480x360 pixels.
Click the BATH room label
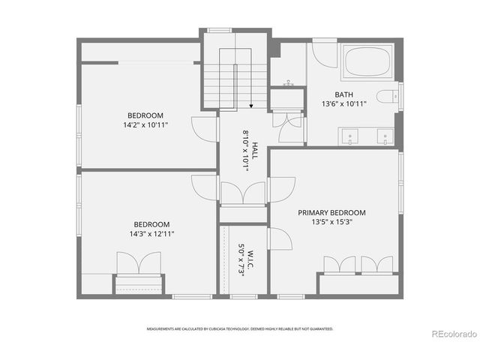click(x=344, y=94)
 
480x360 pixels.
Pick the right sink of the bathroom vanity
click(x=383, y=137)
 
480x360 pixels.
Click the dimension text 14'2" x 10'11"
click(x=145, y=124)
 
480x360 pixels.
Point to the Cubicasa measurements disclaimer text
click(x=240, y=328)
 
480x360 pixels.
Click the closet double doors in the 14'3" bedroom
click(x=139, y=264)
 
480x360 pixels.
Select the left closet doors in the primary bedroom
click(x=339, y=264)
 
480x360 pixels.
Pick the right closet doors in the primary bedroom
click(x=376, y=264)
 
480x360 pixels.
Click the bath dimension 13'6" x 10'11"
click(x=344, y=104)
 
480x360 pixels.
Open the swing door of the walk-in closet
click(x=279, y=240)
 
